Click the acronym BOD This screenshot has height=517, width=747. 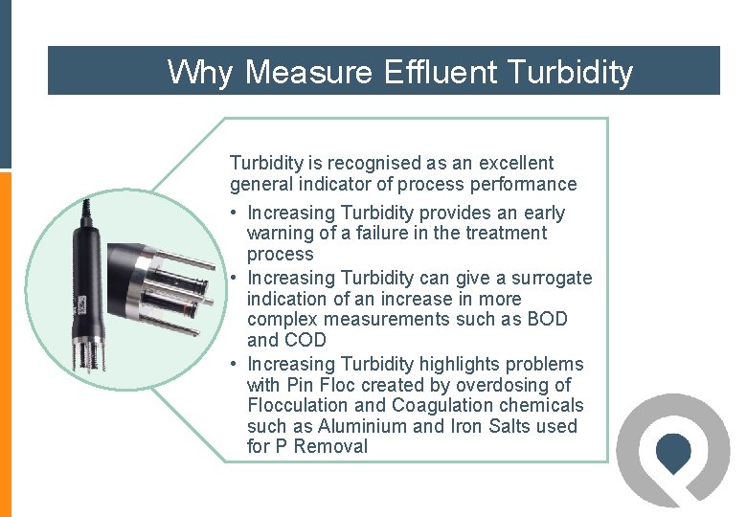coord(547,320)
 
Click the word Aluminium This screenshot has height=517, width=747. coord(365,426)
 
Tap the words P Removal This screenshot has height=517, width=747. coord(320,446)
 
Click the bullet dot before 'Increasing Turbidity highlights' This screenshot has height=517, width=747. coord(234,365)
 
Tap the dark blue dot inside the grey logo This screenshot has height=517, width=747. coord(675,450)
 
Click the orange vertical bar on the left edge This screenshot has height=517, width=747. coord(5,345)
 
